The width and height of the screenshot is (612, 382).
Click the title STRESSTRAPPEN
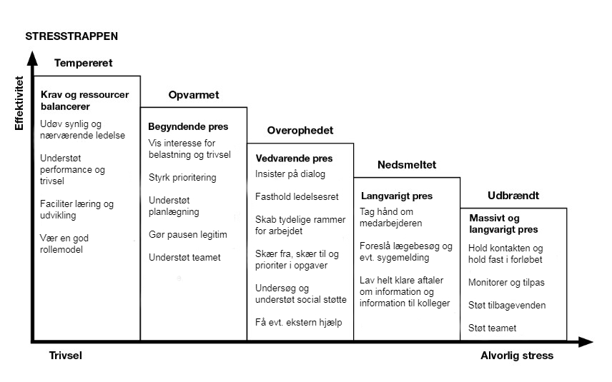71,36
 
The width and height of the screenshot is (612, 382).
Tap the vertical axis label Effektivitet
19,103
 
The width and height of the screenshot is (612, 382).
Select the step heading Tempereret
83,63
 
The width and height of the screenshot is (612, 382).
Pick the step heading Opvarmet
194,95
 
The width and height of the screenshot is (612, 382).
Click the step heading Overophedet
300,130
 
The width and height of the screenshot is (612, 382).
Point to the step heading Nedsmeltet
407,164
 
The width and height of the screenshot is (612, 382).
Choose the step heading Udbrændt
513,196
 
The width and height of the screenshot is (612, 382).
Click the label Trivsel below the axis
66,356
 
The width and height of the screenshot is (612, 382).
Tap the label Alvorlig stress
517,356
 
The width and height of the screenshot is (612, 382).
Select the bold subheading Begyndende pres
188,126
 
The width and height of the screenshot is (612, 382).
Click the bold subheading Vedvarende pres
294,159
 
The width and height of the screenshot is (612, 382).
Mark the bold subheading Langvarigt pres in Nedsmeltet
397,196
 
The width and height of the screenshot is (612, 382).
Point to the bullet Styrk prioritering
182,178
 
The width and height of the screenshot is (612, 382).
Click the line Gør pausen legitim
188,235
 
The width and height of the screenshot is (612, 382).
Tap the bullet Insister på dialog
290,174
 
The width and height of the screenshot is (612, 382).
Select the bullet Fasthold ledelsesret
297,196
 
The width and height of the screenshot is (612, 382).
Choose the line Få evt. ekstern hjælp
299,322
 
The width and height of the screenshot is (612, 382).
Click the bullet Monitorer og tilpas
506,283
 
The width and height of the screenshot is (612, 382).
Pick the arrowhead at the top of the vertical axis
33,59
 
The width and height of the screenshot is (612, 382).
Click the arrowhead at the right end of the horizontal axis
586,342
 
